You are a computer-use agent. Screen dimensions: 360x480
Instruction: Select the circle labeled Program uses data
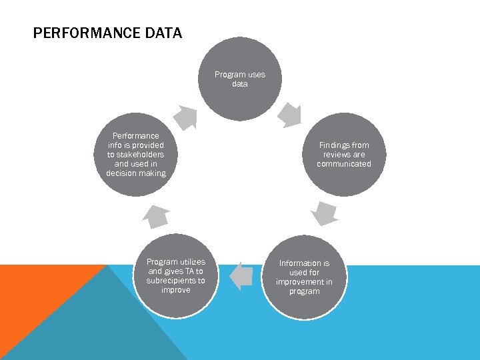point(240,79)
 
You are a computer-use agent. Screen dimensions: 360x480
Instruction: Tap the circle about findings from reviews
point(343,155)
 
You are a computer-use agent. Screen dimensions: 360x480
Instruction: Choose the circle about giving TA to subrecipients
point(176,276)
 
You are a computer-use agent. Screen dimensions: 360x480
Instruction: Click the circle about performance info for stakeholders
point(136,155)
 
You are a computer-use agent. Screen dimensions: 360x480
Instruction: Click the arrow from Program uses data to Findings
point(291,114)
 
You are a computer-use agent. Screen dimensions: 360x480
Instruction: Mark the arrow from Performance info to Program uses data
point(185,117)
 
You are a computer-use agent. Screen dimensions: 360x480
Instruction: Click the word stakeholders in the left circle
point(136,155)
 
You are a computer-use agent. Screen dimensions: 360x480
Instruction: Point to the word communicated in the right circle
point(343,164)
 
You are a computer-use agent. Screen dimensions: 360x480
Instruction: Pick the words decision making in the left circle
point(136,173)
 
